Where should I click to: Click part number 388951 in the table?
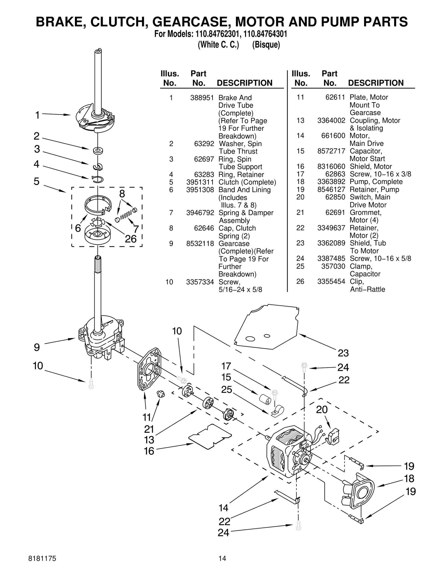coord(202,98)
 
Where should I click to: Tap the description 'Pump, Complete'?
coord(376,182)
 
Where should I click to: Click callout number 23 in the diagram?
coord(343,353)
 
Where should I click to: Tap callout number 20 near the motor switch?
coord(322,410)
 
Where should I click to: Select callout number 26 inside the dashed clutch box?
coord(131,239)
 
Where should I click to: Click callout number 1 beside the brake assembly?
coord(37,115)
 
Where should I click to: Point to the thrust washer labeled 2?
coord(98,151)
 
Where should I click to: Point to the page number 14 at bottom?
coord(222,558)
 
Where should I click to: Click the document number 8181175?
coord(42,558)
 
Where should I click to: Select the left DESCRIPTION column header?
coord(244,83)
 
